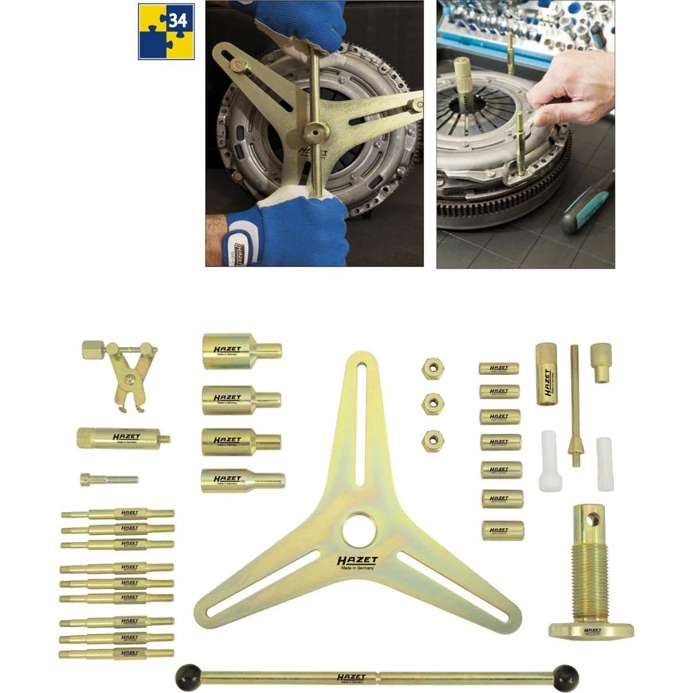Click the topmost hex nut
432,367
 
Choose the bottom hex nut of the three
432,439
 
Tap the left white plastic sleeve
548,451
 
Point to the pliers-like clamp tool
123,375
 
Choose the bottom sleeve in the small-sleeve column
502,530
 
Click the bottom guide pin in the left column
116,653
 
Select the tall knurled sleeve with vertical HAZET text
545,374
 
